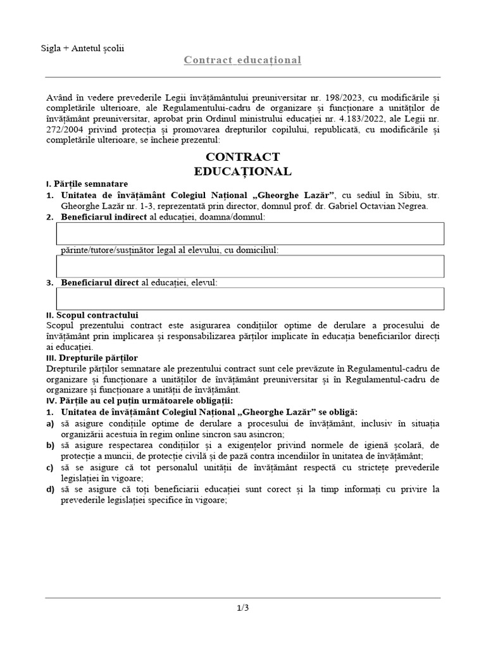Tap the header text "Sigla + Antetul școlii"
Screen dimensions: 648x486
82,48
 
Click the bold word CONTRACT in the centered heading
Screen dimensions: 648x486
243,157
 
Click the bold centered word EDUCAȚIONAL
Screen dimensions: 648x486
243,171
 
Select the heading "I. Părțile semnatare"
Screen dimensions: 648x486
87,184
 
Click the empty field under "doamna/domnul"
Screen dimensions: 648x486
250,234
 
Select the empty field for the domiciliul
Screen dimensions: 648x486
250,266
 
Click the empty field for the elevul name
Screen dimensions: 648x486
250,299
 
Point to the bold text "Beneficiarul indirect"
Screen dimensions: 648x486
103,217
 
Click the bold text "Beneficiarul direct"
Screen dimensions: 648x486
99,282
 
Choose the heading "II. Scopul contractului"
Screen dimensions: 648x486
92,315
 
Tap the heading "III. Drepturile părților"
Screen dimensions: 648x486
92,358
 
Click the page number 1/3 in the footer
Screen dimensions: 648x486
243,608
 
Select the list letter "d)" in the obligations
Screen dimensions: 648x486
50,489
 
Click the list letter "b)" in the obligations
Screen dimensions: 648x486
50,445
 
